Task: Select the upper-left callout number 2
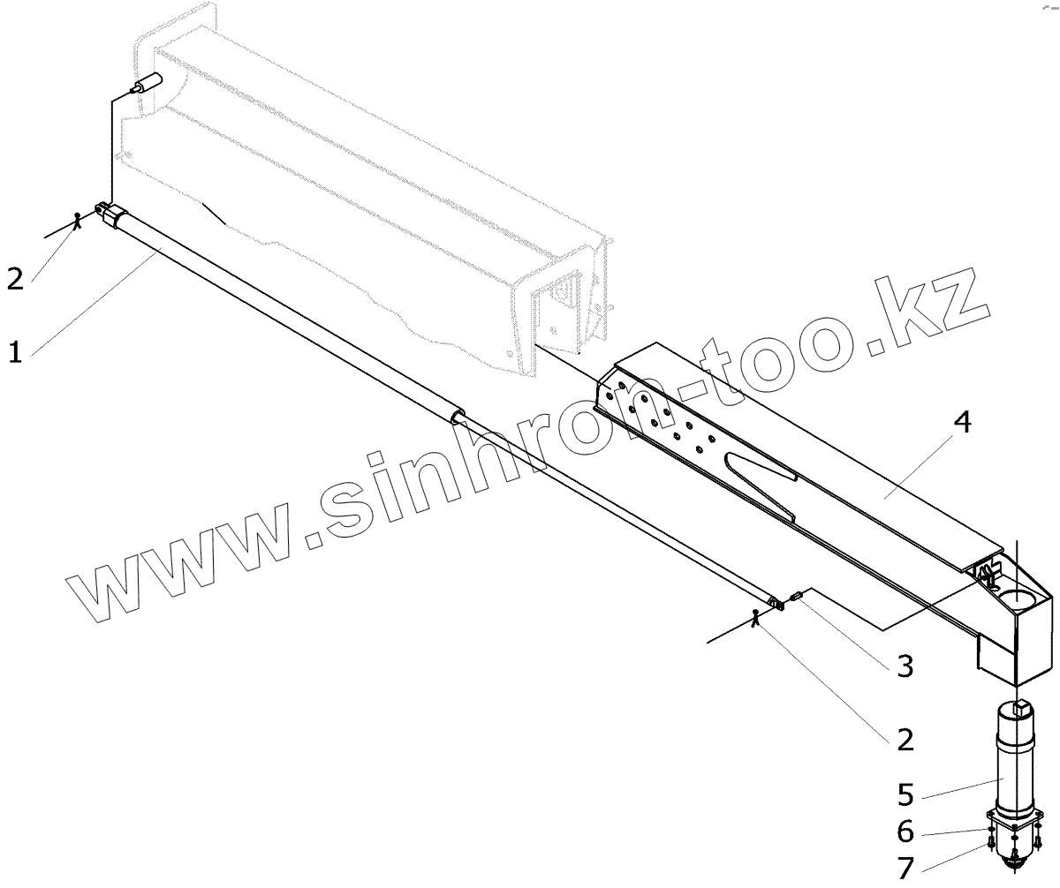[15, 278]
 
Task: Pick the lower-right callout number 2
[904, 738]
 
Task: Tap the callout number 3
[904, 666]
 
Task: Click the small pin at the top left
[145, 86]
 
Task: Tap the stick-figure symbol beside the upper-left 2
[79, 220]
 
